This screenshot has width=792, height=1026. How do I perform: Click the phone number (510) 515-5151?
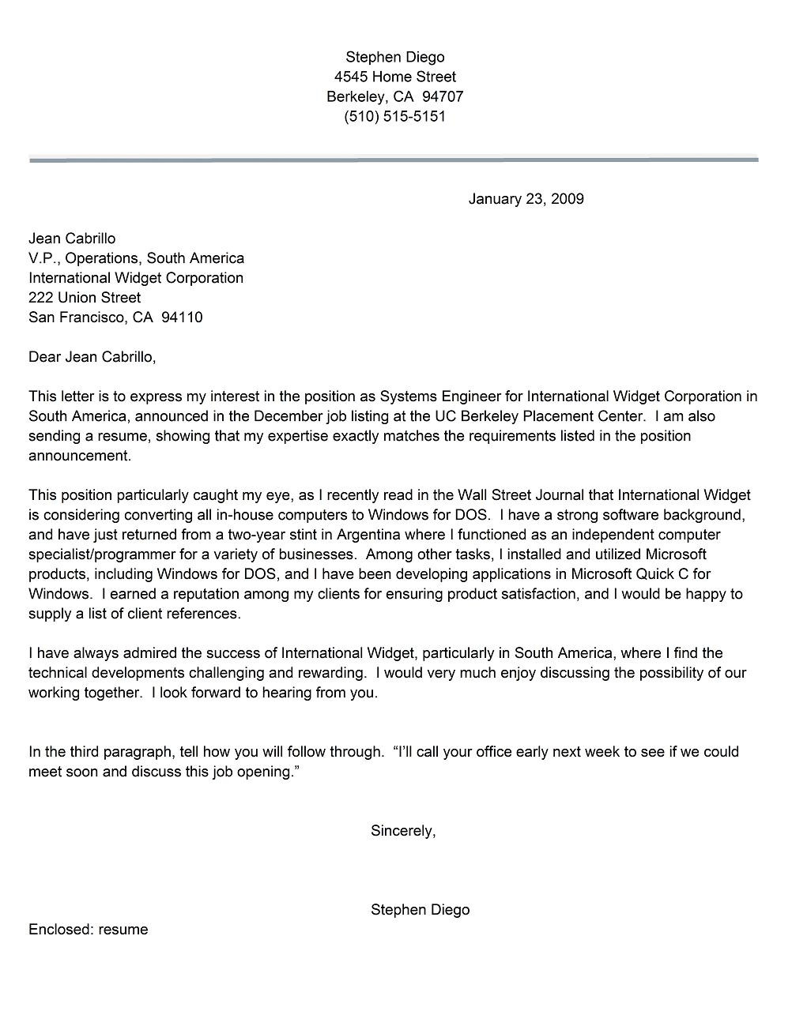click(394, 116)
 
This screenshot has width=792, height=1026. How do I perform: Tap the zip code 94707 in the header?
click(443, 96)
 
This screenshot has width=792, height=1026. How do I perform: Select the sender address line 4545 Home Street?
click(394, 77)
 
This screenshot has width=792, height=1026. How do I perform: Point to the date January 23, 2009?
click(526, 199)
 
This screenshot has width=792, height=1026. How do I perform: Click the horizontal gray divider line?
click(394, 160)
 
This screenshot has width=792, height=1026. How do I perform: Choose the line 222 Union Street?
click(85, 298)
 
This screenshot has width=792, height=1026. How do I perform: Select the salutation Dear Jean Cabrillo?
click(92, 357)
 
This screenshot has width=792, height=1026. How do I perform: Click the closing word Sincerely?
click(402, 831)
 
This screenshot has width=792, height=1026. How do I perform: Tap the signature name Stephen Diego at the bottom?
click(420, 910)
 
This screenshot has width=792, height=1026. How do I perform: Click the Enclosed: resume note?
click(88, 930)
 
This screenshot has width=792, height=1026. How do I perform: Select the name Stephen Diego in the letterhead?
click(394, 57)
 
